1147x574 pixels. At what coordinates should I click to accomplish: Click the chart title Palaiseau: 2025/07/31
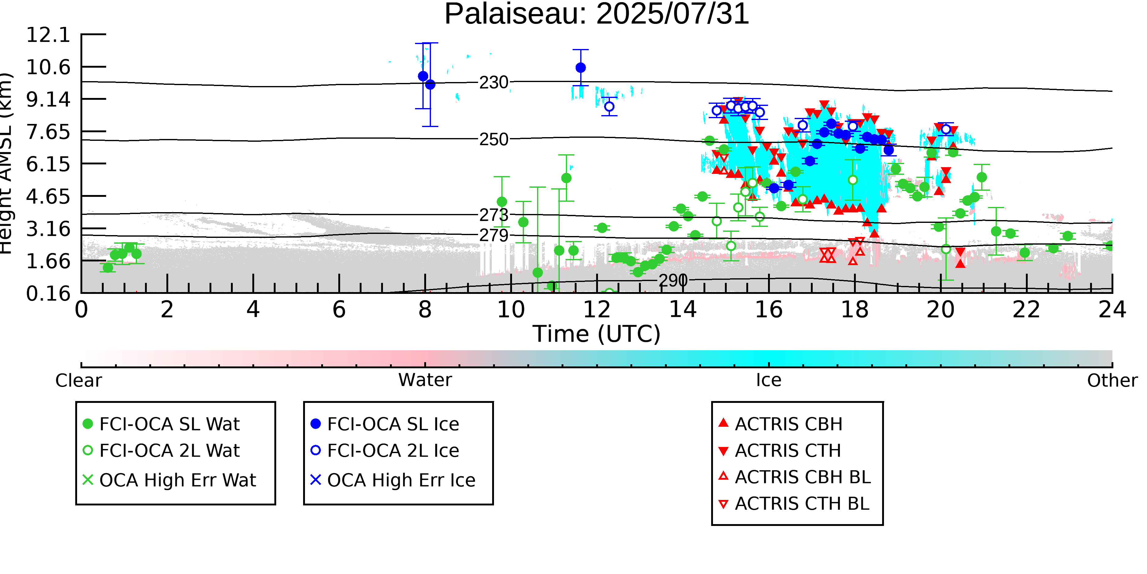pyautogui.click(x=597, y=14)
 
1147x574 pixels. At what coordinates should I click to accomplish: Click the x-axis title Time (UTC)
pyautogui.click(x=597, y=334)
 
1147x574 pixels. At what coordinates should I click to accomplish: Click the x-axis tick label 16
pyautogui.click(x=769, y=310)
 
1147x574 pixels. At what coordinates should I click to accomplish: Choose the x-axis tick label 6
pyautogui.click(x=339, y=310)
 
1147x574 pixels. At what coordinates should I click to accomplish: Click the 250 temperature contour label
pyautogui.click(x=493, y=140)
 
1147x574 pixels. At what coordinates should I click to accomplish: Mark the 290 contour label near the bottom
pyautogui.click(x=673, y=281)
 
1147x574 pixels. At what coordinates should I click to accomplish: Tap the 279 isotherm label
pyautogui.click(x=493, y=235)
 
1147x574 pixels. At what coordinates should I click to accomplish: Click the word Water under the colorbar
pyautogui.click(x=425, y=380)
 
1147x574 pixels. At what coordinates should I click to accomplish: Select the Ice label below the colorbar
pyautogui.click(x=769, y=380)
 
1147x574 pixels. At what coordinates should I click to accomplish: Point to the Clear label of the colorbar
pyautogui.click(x=78, y=381)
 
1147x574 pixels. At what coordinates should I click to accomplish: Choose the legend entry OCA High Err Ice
pyautogui.click(x=401, y=480)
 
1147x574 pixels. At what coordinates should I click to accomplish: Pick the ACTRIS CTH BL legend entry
pyautogui.click(x=801, y=504)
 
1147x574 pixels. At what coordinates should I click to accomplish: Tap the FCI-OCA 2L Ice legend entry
pyautogui.click(x=393, y=451)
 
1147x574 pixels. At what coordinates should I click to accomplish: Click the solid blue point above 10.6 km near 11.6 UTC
pyautogui.click(x=581, y=68)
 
